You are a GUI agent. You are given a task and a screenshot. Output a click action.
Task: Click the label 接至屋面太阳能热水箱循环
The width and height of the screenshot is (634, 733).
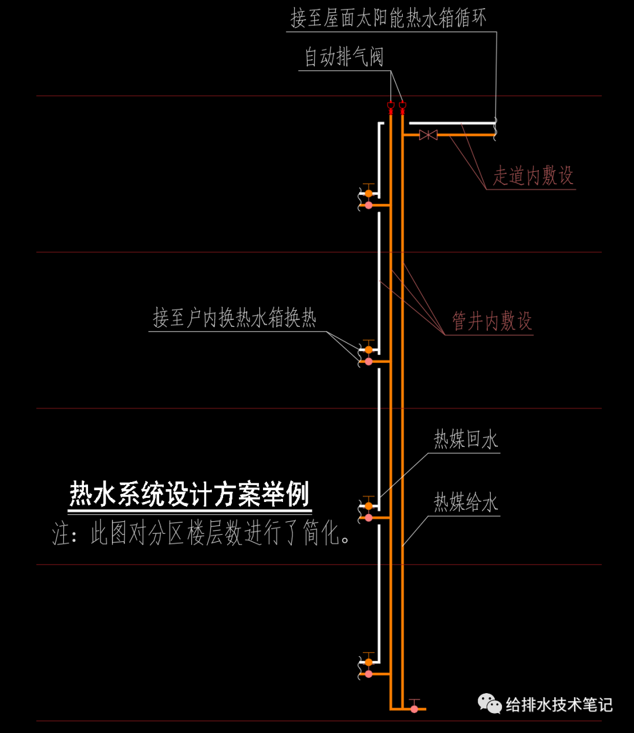388,18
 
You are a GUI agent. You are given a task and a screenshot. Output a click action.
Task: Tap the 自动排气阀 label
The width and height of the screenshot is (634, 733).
343,57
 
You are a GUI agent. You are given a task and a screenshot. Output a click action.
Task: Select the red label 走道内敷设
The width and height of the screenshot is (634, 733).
532,175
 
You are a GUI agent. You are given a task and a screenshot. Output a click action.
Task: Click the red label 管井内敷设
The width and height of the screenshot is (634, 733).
491,321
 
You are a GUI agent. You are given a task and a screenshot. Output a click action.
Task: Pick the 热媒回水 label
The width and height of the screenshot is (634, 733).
466,439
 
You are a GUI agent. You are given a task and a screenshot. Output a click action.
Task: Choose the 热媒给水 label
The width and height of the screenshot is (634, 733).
466,503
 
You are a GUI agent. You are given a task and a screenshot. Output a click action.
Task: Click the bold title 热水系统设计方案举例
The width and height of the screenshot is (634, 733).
189,494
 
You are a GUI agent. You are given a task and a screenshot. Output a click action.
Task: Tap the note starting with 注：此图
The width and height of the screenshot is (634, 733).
201,534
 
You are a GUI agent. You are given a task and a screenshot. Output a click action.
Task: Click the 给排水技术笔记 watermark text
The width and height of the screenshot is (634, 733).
559,704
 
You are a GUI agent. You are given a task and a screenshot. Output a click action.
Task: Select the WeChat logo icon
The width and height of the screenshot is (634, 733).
489,704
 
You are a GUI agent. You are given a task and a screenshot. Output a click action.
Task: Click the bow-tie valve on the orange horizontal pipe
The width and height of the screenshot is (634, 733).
428,135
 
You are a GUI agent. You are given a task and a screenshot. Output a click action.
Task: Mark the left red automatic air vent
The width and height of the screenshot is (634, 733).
390,106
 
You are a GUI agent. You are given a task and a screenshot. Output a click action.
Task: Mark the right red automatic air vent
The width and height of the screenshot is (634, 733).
402,106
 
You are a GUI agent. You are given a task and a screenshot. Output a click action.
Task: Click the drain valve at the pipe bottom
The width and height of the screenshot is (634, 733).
414,708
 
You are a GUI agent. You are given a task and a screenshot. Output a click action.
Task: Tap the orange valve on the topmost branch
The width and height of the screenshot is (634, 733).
369,192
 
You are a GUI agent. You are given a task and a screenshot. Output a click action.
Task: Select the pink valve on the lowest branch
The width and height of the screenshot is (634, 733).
369,674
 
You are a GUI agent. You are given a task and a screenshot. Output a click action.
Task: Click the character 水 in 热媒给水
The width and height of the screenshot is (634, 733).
490,503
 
